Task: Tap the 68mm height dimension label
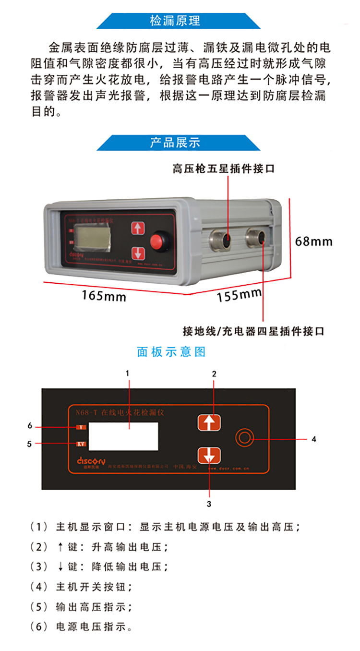coord(313,241)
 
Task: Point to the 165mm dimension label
coord(103,296)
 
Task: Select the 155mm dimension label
coord(239,294)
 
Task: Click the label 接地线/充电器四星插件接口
coord(253,331)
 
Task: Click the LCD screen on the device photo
coord(92,235)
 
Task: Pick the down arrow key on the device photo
coord(138,253)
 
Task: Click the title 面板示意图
coord(171,352)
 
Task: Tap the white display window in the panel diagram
coord(124,436)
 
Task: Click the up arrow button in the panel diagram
coord(209,422)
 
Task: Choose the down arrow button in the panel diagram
coord(209,455)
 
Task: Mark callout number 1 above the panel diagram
coord(128,373)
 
